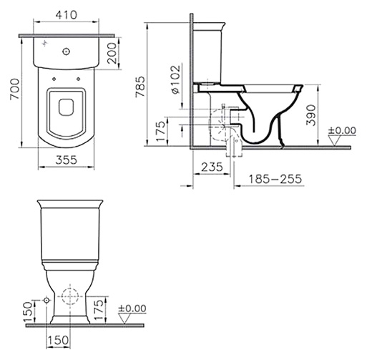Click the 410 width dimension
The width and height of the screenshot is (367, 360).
(x=67, y=15)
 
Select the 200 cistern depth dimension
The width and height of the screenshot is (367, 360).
(x=112, y=53)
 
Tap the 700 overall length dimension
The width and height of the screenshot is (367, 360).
(x=14, y=89)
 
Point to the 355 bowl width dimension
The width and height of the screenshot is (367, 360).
(x=67, y=160)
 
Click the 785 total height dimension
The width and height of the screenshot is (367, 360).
(x=140, y=87)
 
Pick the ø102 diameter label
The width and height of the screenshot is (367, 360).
(x=175, y=79)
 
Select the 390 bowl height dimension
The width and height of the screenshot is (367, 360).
(x=310, y=115)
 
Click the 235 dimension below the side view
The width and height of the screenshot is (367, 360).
(x=212, y=167)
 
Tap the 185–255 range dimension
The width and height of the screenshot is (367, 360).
(x=275, y=179)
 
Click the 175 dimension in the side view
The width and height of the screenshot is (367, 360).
(x=161, y=132)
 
